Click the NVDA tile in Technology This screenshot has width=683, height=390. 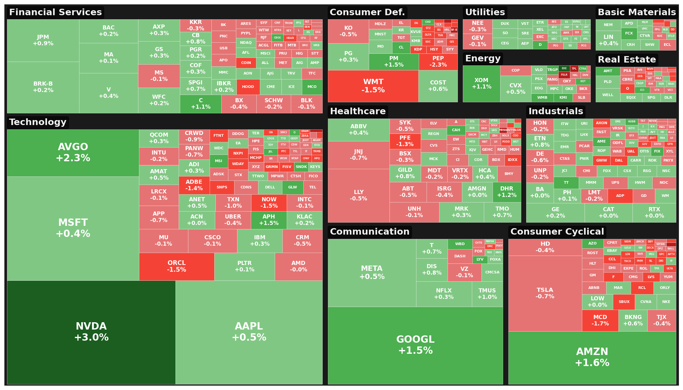(x=91, y=332)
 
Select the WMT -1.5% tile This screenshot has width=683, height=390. (x=373, y=86)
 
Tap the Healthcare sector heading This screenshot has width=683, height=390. (x=358, y=111)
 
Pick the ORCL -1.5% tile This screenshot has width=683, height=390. (x=176, y=266)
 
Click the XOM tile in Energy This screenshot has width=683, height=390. (x=481, y=84)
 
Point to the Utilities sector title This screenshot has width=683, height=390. (x=485, y=12)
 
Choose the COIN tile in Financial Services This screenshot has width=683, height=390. (x=246, y=63)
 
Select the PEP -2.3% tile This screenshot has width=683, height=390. (x=438, y=62)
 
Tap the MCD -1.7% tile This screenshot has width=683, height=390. (x=600, y=320)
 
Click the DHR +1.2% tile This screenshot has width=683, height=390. (x=507, y=192)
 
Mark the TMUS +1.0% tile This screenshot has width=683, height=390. (x=487, y=294)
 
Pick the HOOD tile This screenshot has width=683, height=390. (x=248, y=87)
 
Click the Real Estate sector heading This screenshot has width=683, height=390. (x=627, y=60)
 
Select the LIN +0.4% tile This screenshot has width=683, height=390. (x=608, y=40)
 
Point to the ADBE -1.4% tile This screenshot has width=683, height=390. (x=194, y=185)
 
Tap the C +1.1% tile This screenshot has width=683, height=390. (x=201, y=104)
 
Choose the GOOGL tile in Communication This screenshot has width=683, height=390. (x=415, y=345)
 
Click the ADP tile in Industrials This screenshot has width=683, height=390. (x=620, y=196)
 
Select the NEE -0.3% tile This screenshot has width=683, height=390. (x=477, y=26)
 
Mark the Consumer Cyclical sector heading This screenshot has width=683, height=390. (x=557, y=232)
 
